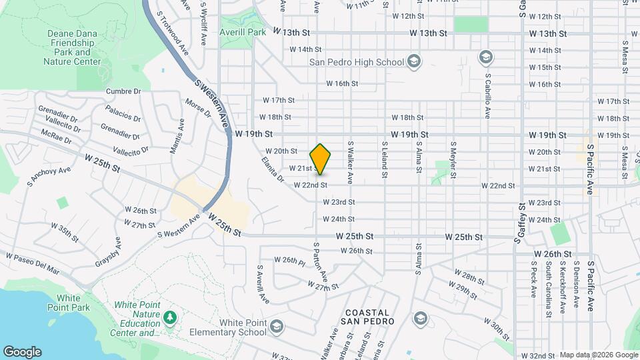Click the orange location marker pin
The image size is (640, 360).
(321, 159)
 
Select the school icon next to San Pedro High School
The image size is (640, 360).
(415, 62)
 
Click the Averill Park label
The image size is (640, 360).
(243, 32)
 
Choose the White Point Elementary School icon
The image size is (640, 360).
(276, 327)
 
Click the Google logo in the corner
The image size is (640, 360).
(22, 351)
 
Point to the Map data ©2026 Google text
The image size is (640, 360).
(598, 355)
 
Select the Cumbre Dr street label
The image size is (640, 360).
(123, 91)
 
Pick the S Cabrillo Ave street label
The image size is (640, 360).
(487, 95)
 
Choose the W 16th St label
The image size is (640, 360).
(342, 83)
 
